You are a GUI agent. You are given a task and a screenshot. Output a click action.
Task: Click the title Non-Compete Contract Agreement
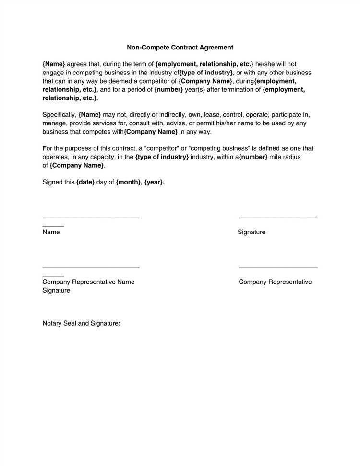click(x=180, y=48)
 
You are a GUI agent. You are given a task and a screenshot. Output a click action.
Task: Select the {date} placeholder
click(x=85, y=183)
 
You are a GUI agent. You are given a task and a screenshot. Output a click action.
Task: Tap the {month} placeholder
click(x=128, y=183)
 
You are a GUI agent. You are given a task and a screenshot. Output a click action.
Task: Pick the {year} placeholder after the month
click(x=153, y=183)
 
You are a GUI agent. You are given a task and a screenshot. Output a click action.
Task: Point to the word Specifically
click(x=59, y=114)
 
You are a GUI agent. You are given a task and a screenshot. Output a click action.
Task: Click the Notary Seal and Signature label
click(x=81, y=323)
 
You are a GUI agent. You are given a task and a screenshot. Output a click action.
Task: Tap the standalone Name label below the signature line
click(x=51, y=232)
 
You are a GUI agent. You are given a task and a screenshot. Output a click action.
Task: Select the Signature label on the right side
click(x=252, y=232)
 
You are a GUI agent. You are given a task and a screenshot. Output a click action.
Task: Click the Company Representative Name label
click(x=88, y=282)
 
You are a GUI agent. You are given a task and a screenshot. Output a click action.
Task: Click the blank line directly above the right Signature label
click(x=278, y=218)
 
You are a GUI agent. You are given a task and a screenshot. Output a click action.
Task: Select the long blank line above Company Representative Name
click(x=91, y=267)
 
